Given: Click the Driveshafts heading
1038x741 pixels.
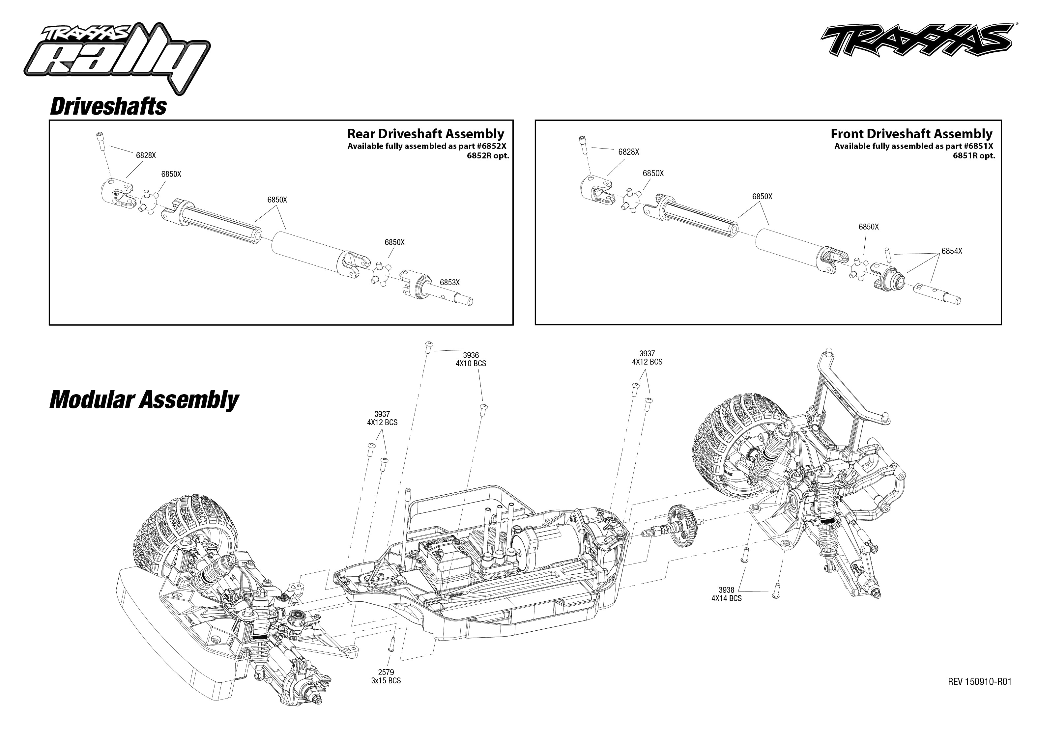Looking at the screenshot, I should (x=108, y=106).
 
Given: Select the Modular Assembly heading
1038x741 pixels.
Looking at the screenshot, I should (x=144, y=400).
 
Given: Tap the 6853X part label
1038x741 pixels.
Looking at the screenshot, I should (x=449, y=283).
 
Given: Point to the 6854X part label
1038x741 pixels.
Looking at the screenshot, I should (x=952, y=251).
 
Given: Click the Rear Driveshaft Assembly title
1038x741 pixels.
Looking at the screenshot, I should (x=425, y=134).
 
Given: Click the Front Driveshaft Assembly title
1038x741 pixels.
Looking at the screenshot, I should (x=911, y=134).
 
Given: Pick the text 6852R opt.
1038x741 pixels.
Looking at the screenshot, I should (x=487, y=155).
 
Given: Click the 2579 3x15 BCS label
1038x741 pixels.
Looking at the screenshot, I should (x=386, y=676).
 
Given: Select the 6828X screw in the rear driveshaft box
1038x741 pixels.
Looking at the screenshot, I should (x=101, y=141).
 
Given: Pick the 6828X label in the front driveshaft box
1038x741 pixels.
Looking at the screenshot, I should (x=628, y=152).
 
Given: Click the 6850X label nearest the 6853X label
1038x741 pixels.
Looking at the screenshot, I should (x=394, y=242).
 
